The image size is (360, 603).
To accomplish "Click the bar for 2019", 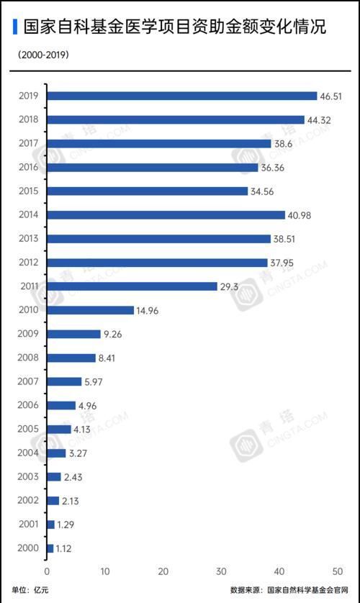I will click(181, 96).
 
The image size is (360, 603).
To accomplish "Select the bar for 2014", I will click(166, 214).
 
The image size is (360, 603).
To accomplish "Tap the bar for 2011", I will click(132, 286).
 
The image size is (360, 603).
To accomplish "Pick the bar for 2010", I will click(90, 310).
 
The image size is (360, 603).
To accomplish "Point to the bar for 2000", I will click(50, 548).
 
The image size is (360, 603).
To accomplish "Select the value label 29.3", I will click(230, 286).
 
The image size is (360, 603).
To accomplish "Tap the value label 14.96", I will click(149, 310).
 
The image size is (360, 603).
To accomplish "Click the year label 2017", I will click(27, 143).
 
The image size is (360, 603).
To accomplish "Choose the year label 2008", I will click(27, 358).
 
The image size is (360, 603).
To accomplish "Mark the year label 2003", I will click(27, 476).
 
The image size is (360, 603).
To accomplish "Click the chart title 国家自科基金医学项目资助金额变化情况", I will click(174, 27).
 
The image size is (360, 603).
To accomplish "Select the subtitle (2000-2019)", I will click(40, 55).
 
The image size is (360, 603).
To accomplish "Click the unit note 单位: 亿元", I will click(31, 590).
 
